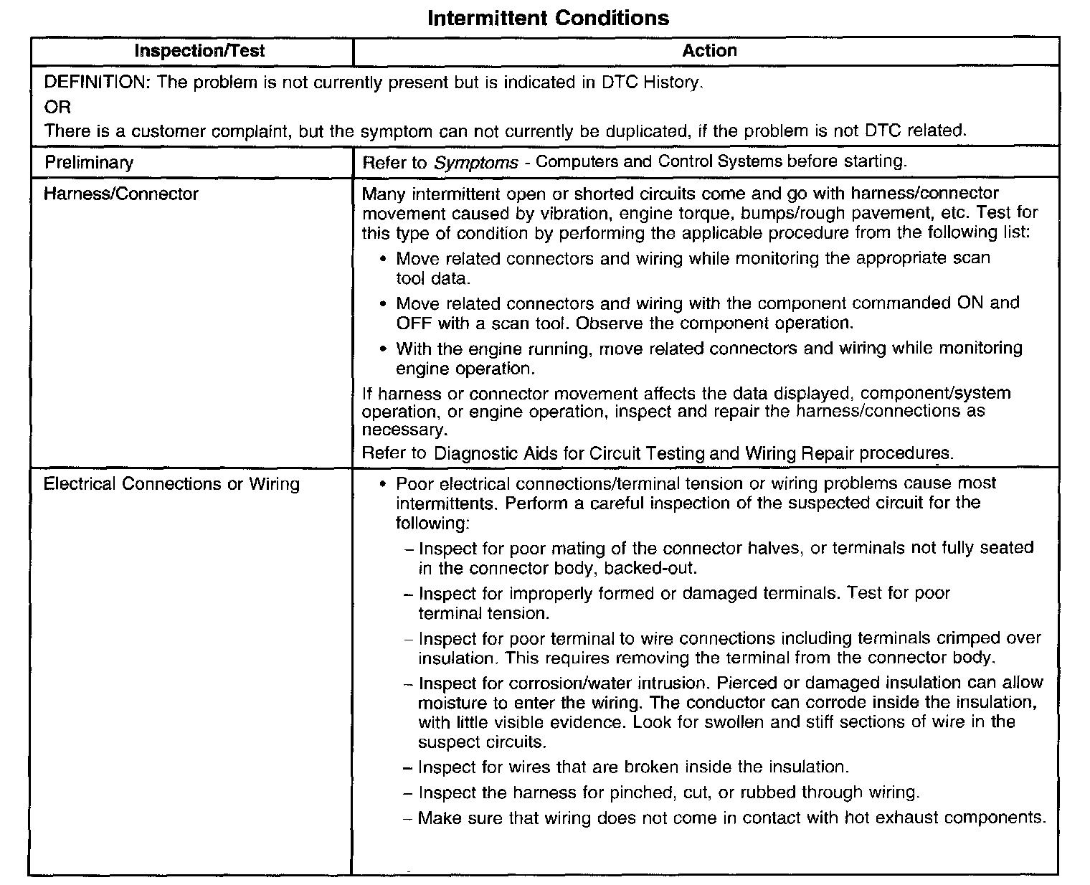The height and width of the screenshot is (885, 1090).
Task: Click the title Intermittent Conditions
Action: [548, 18]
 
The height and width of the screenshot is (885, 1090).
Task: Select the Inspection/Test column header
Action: [199, 51]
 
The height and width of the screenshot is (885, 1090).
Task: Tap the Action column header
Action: [709, 50]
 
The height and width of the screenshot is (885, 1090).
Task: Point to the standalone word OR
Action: [57, 107]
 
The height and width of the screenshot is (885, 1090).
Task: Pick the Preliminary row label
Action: [89, 162]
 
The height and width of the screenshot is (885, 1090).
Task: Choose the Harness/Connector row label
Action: [120, 194]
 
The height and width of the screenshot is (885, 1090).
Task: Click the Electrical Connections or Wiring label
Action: [171, 484]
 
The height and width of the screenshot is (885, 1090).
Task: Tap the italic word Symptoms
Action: [475, 162]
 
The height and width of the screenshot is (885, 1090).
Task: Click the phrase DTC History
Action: [645, 82]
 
